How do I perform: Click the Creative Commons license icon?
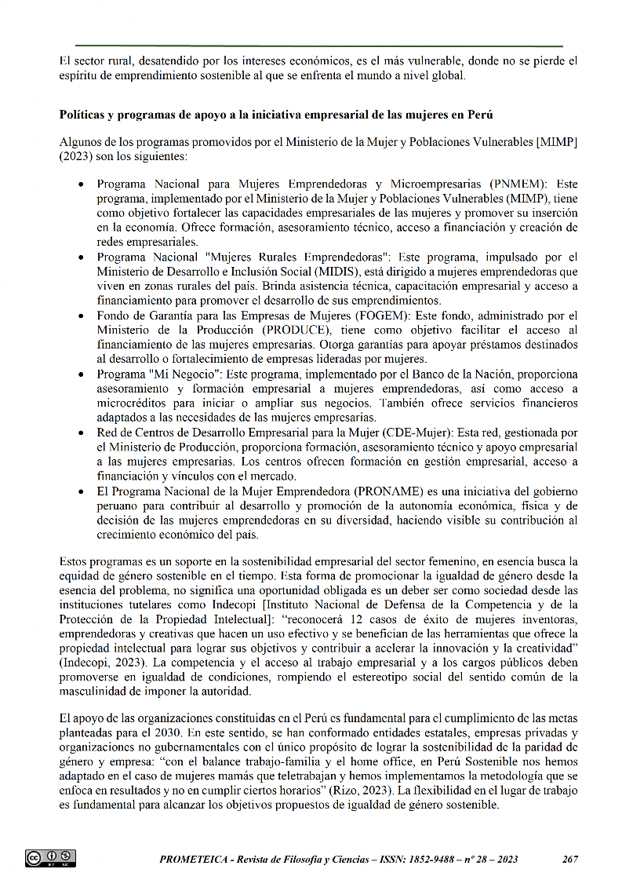pyautogui.click(x=50, y=859)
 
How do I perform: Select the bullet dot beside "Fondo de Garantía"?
pyautogui.click(x=82, y=316)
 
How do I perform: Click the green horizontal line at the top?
pyautogui.click(x=319, y=46)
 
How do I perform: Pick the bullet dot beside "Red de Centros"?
pyautogui.click(x=82, y=433)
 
